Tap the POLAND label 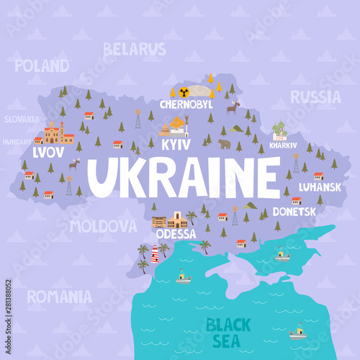click(x=42, y=66)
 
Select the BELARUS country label click(x=134, y=49)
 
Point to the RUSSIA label click(x=315, y=96)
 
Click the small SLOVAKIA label click(x=22, y=120)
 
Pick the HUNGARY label click(x=17, y=142)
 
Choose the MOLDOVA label click(x=103, y=226)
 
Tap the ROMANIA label click(x=59, y=296)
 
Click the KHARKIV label click(x=282, y=145)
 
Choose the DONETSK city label click(x=294, y=212)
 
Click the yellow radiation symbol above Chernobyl click(x=184, y=91)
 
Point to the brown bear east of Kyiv click(x=225, y=144)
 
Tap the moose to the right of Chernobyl click(x=233, y=108)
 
